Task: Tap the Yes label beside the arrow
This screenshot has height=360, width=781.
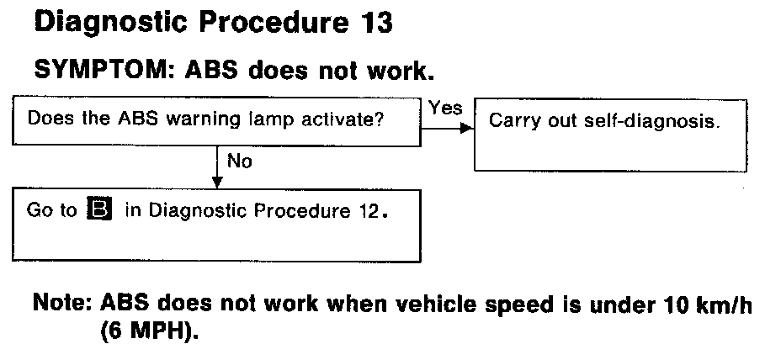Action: tap(445, 108)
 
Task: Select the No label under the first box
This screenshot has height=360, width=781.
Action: tap(239, 161)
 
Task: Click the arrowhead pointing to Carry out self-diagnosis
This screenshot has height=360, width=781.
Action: tap(465, 130)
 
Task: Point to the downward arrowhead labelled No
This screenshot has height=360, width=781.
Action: tap(218, 182)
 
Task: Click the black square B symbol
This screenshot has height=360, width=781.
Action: tap(100, 210)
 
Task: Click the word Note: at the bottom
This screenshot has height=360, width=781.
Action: tap(61, 304)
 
